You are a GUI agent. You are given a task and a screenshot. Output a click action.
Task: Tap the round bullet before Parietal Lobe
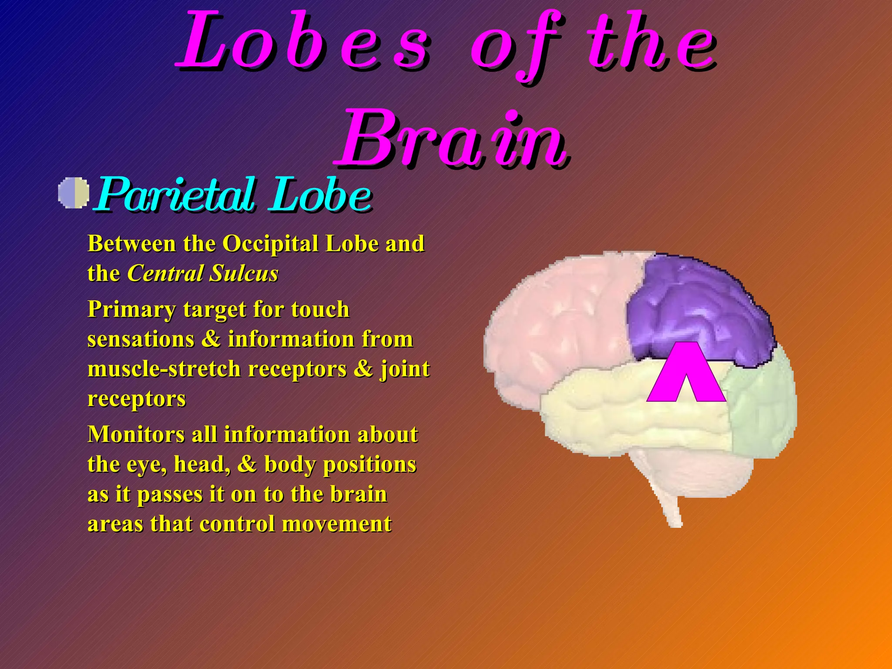[x=74, y=193]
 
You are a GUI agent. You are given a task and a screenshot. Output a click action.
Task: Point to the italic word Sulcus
[x=243, y=274]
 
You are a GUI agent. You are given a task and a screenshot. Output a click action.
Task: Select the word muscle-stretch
[x=164, y=369]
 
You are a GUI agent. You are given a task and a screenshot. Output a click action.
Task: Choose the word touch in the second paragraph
[x=320, y=310]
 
